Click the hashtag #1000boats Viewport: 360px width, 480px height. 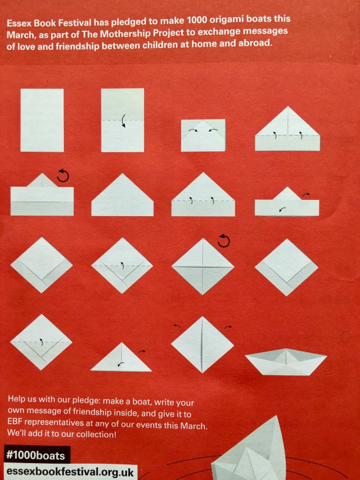click(x=35, y=455)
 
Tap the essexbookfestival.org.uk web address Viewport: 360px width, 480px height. click(x=70, y=472)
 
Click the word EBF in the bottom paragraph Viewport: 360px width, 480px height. click(x=15, y=422)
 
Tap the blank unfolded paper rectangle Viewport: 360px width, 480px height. click(x=42, y=120)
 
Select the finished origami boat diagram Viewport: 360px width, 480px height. click(x=286, y=361)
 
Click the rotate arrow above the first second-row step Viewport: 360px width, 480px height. click(x=63, y=175)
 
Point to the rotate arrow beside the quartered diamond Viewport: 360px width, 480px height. click(x=224, y=241)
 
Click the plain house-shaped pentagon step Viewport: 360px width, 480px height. click(x=123, y=195)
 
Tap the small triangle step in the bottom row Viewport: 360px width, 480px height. click(x=121, y=357)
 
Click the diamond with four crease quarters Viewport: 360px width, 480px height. click(x=203, y=267)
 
